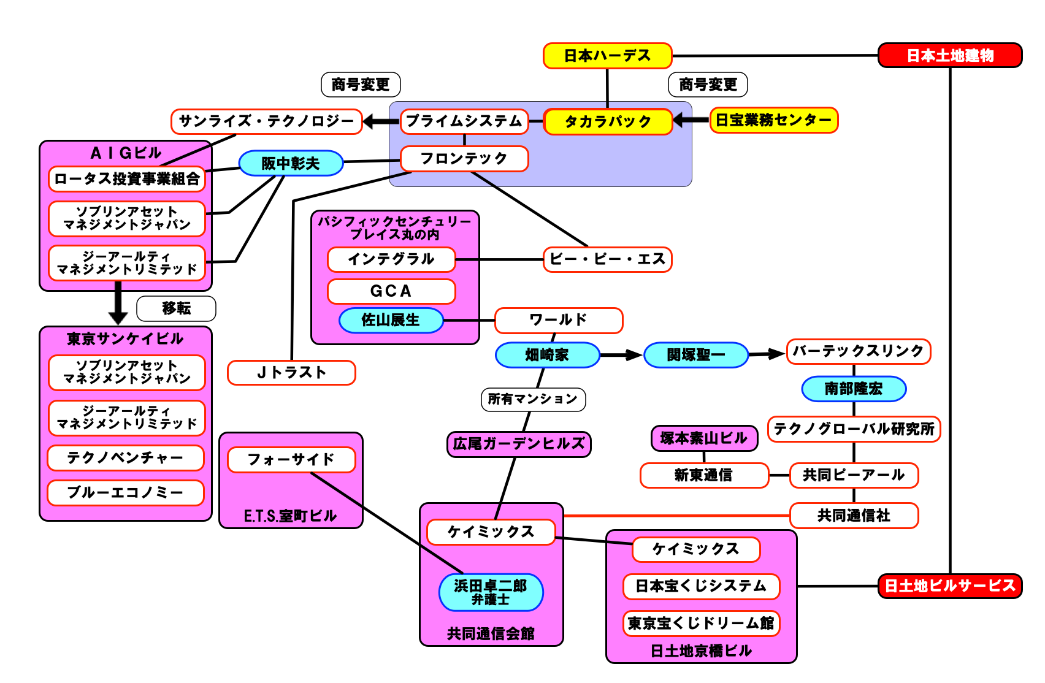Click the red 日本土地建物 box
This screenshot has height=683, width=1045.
click(949, 55)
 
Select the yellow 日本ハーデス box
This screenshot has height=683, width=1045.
click(607, 56)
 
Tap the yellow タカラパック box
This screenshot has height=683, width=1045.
click(607, 121)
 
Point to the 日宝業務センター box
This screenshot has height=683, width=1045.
click(773, 120)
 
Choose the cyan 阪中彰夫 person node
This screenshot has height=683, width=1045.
click(290, 163)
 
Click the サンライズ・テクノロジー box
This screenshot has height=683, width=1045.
click(266, 121)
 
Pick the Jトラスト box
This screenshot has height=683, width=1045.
click(291, 373)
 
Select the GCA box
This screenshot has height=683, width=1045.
click(391, 291)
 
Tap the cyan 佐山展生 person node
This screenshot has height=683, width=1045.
click(391, 320)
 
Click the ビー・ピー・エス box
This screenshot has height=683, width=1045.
click(607, 259)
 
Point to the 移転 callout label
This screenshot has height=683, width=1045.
click(176, 308)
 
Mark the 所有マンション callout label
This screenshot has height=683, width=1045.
click(533, 399)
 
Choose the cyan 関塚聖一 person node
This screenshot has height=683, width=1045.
click(695, 355)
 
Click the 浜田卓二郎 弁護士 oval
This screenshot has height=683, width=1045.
click(491, 592)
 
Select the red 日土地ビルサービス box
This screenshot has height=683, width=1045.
click(949, 586)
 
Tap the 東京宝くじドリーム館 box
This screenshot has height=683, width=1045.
click(701, 624)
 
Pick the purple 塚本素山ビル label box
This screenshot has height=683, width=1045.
click(703, 438)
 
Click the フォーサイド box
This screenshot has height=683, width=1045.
click(291, 460)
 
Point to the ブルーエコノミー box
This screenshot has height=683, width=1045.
click(125, 493)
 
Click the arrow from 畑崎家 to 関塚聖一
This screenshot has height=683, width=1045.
click(621, 355)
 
